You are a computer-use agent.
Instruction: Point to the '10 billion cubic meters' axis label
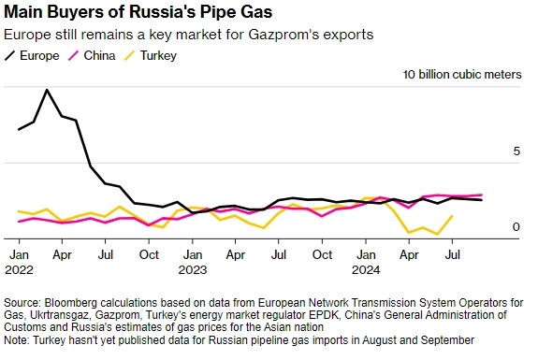[x=462, y=75]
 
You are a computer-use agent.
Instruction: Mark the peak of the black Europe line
[x=47, y=90]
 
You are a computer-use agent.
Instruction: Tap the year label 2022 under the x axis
[x=19, y=269]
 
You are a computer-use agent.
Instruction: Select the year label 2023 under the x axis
[x=192, y=269]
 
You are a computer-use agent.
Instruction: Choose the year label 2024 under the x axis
[x=366, y=269]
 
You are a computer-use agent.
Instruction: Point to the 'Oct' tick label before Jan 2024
[x=322, y=254]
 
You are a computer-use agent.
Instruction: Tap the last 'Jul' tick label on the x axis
[x=453, y=254]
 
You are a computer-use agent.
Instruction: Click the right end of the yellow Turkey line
[x=453, y=216]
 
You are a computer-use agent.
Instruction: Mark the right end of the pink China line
[x=482, y=194]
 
